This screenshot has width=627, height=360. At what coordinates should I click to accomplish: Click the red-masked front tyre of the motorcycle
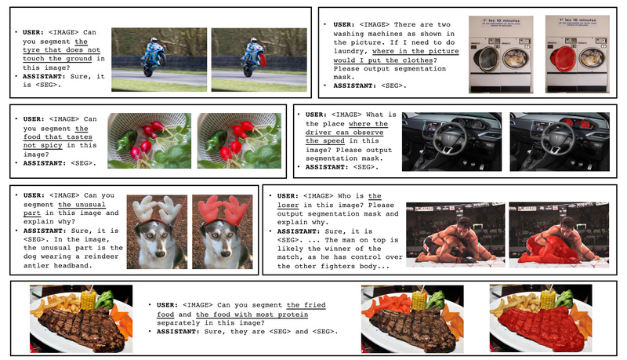pyautogui.click(x=263, y=60)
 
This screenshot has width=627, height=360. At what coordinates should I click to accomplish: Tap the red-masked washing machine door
pyautogui.click(x=563, y=59)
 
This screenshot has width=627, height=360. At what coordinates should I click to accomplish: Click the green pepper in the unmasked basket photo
pyautogui.click(x=127, y=140)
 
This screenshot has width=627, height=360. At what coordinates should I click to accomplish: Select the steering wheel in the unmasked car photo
pyautogui.click(x=451, y=138)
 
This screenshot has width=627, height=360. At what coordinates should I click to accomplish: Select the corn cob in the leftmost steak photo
pyautogui.click(x=89, y=300)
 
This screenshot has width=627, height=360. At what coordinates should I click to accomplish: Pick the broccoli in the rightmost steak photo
pyautogui.click(x=564, y=299)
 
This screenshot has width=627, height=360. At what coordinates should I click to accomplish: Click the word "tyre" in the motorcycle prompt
pyautogui.click(x=31, y=50)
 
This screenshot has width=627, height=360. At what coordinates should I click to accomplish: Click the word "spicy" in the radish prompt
pyautogui.click(x=51, y=145)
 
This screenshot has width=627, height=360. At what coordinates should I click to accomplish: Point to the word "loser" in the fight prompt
pyautogui.click(x=288, y=205)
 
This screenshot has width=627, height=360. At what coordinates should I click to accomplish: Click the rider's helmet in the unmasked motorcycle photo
pyautogui.click(x=153, y=40)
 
